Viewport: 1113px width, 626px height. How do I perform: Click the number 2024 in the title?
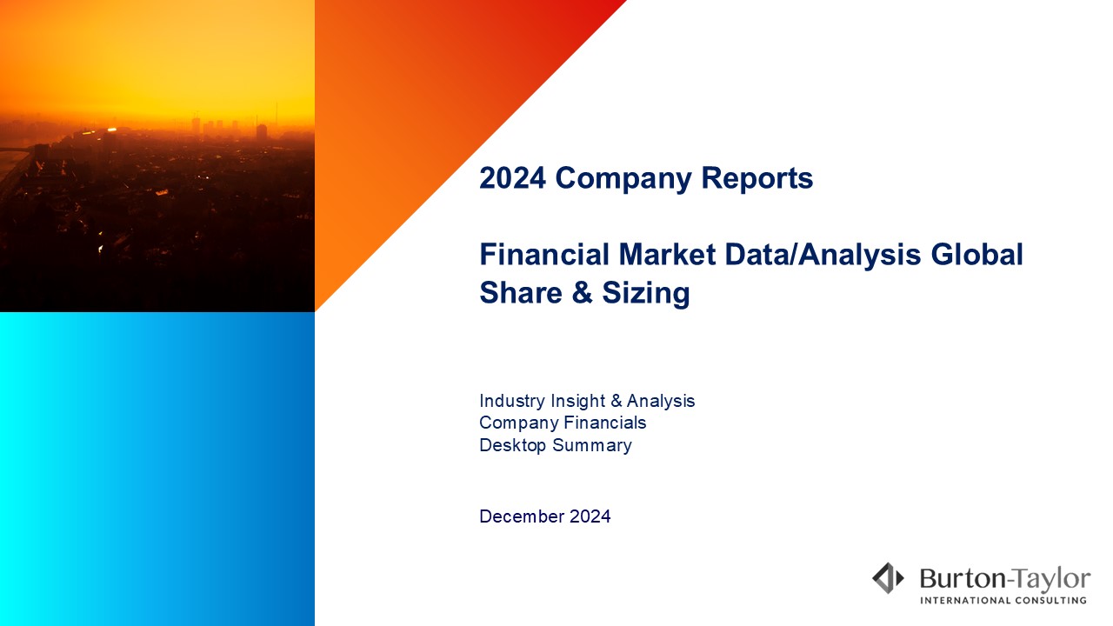pyautogui.click(x=513, y=178)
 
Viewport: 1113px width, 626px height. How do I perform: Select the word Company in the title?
pyautogui.click(x=623, y=179)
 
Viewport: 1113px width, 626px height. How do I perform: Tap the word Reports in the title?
pyautogui.click(x=756, y=179)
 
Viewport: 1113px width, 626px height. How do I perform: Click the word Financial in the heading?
pyautogui.click(x=544, y=254)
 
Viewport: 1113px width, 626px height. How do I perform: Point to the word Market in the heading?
pyautogui.click(x=667, y=254)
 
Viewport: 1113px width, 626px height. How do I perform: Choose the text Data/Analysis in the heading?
pyautogui.click(x=823, y=256)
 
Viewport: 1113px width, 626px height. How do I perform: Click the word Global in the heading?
pyautogui.click(x=976, y=254)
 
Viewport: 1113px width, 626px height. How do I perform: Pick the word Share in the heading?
pyautogui.click(x=521, y=292)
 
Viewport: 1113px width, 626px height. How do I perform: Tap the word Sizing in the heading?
pyautogui.click(x=646, y=294)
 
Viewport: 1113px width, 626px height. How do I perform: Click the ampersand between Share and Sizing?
pyautogui.click(x=582, y=292)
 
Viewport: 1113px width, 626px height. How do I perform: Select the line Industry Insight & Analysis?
pyautogui.click(x=587, y=402)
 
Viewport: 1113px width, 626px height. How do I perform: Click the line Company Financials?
pyautogui.click(x=563, y=423)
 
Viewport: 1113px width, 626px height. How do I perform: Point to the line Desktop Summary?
pyautogui.click(x=556, y=446)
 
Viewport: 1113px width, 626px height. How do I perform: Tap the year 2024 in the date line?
pyautogui.click(x=590, y=516)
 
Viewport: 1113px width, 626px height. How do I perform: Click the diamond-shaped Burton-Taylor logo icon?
pyautogui.click(x=888, y=578)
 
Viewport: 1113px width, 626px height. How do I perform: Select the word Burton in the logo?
pyautogui.click(x=963, y=579)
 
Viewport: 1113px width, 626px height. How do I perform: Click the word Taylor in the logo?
pyautogui.click(x=1052, y=580)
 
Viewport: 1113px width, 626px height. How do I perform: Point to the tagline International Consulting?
pyautogui.click(x=1003, y=601)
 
